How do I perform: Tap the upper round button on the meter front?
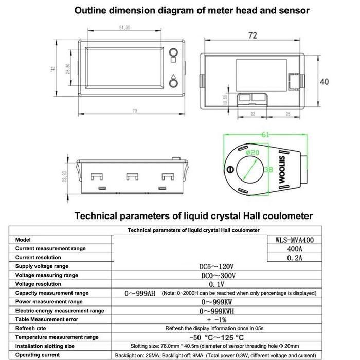173,52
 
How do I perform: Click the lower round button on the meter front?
173,83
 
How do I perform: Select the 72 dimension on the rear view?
253,35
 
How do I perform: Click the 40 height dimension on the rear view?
324,82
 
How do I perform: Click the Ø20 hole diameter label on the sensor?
254,153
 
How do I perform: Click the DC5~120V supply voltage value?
217,266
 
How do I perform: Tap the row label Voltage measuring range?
47,275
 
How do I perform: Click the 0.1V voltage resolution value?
217,284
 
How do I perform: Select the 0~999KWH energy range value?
217,311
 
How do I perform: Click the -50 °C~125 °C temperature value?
217,337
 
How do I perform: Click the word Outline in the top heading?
92,10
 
